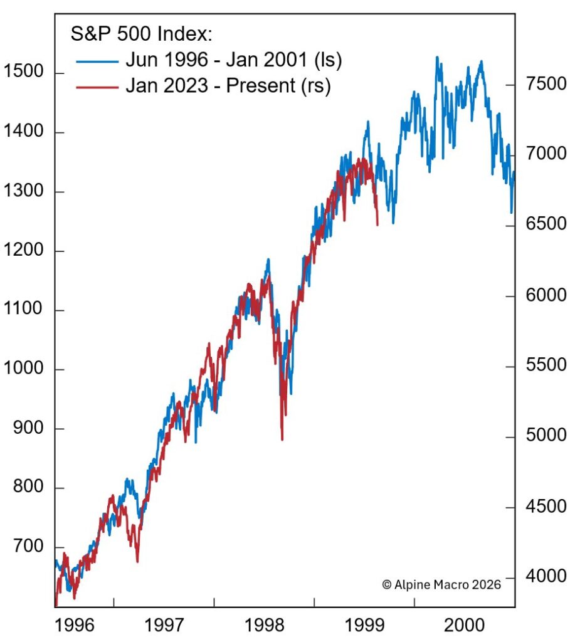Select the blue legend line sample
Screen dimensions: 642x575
coord(97,60)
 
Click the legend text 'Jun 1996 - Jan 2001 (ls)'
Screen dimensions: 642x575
coord(233,60)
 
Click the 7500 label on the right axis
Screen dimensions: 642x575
coord(543,85)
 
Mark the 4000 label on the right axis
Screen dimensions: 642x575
coord(543,577)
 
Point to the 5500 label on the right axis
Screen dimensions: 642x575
coord(543,366)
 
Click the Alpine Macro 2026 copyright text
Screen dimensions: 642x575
coord(441,584)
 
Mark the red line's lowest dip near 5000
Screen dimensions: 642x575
coord(282,439)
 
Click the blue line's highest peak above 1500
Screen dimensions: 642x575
coord(437,58)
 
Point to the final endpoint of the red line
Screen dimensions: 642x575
coord(377,224)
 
